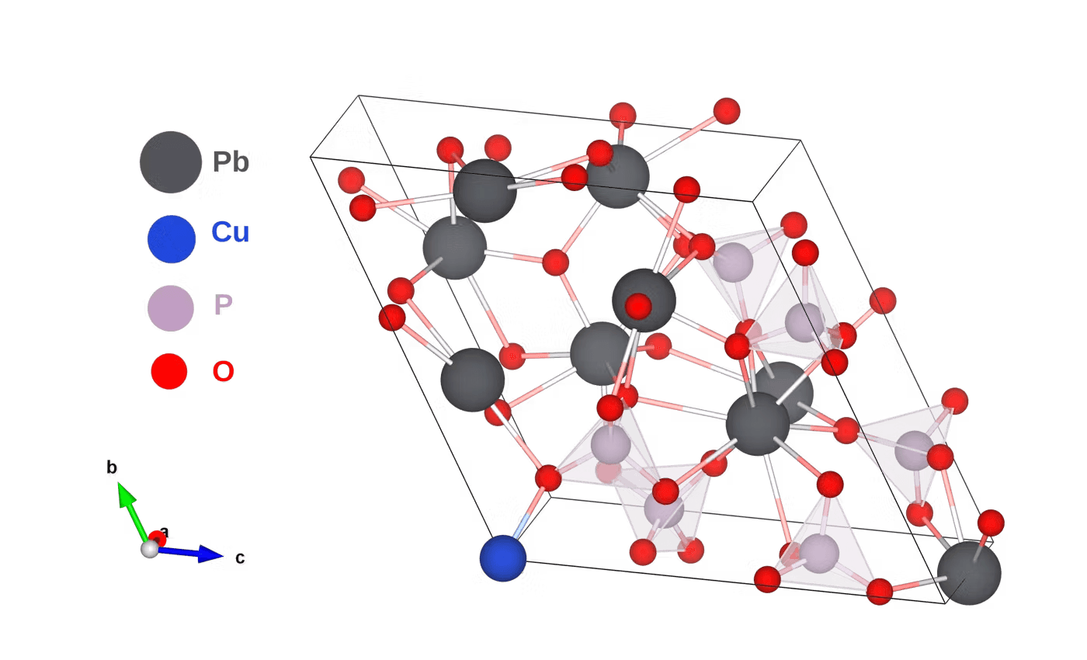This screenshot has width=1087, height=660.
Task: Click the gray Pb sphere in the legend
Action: point(171,162)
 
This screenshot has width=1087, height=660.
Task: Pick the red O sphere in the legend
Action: point(169,372)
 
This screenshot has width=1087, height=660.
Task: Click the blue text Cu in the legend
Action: point(230,232)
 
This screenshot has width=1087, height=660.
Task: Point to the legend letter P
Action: point(224,305)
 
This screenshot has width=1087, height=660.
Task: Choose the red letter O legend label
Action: point(224,372)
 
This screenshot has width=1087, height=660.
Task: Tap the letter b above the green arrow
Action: point(113,468)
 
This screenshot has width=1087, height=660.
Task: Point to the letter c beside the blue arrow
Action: point(241,558)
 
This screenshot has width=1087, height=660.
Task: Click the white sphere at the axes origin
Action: point(149,550)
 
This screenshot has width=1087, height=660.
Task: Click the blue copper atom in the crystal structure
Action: point(502,558)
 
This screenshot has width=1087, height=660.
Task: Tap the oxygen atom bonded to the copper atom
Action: point(548,478)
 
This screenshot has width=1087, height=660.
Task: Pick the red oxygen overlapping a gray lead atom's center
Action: point(638,307)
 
